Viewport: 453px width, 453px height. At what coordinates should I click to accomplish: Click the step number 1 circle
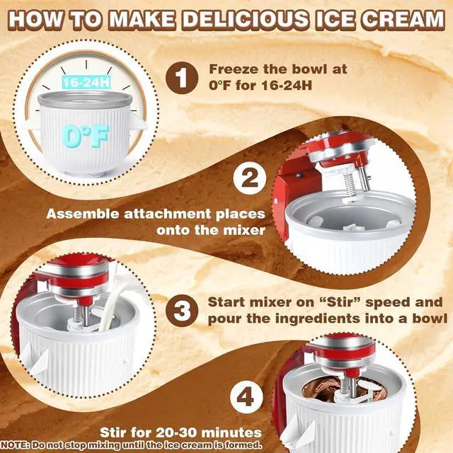[182, 78]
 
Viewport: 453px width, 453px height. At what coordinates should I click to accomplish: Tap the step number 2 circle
[250, 178]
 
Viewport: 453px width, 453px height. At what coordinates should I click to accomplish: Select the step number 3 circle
[182, 311]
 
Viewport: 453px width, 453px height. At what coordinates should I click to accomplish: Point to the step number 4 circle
[246, 396]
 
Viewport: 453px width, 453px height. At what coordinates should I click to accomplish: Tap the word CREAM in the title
[403, 19]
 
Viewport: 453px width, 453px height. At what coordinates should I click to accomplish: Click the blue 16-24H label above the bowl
[86, 82]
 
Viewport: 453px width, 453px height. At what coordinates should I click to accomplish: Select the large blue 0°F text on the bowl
[85, 136]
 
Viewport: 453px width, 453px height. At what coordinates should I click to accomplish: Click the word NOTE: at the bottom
[15, 445]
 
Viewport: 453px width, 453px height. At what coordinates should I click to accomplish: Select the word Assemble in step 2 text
[84, 214]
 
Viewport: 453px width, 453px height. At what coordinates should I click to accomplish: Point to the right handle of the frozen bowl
[137, 121]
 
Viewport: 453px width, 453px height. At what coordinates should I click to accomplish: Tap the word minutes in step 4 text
[231, 432]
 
